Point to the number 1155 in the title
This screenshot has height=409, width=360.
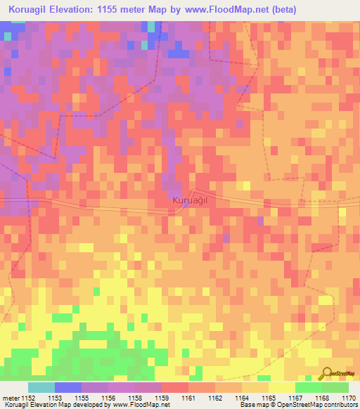pyautogui.click(x=124, y=10)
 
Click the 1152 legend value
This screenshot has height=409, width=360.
pyautogui.click(x=29, y=397)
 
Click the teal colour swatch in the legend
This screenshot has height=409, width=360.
pyautogui.click(x=41, y=387)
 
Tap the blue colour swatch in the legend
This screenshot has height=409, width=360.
pyautogui.click(x=68, y=387)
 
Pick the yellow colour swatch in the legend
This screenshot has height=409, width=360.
pyautogui.click(x=282, y=387)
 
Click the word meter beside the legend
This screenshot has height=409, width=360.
pyautogui.click(x=11, y=397)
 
